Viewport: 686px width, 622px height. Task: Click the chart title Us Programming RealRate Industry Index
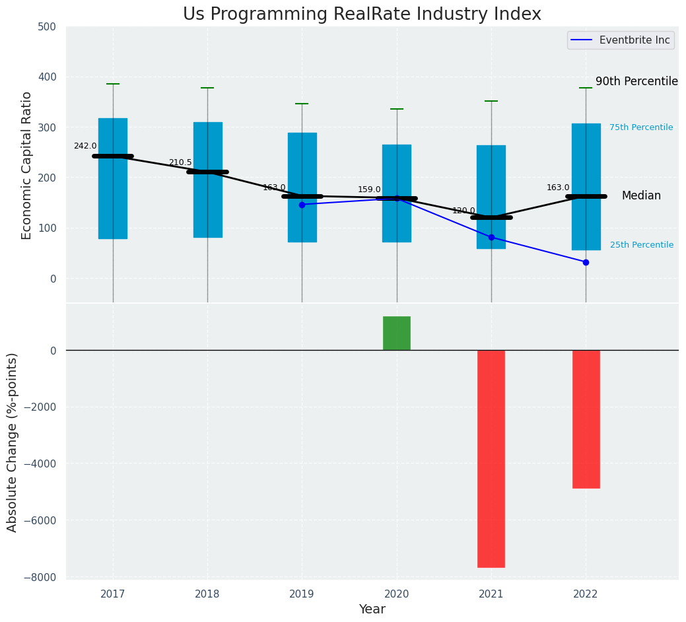click(x=362, y=15)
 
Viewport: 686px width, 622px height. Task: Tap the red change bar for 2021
click(x=491, y=458)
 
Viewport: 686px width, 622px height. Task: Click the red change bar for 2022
click(x=586, y=419)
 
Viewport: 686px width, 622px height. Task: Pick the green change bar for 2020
click(x=397, y=333)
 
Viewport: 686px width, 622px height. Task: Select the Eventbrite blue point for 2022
click(x=586, y=262)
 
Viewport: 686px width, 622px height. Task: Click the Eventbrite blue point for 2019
click(x=302, y=205)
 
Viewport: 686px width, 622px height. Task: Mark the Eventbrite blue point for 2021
click(x=491, y=237)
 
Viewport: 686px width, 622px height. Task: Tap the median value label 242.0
click(x=85, y=146)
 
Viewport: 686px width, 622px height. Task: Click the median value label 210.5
click(x=180, y=162)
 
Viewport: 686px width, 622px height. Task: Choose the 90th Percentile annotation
click(x=636, y=82)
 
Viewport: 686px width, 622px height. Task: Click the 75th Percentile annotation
click(x=641, y=127)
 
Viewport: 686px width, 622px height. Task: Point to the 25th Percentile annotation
click(x=642, y=245)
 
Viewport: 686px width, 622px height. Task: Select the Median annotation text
click(x=641, y=196)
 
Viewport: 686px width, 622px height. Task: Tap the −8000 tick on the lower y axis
click(x=41, y=577)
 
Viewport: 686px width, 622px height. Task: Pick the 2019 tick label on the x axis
click(x=302, y=594)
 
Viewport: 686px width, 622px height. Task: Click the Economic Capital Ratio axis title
click(x=27, y=165)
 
